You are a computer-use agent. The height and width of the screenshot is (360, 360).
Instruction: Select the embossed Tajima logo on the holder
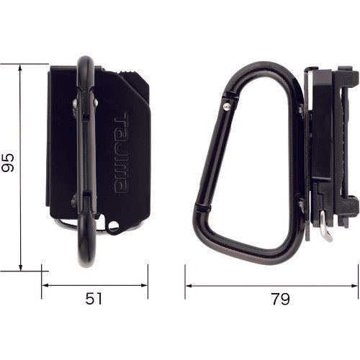pos(121,152)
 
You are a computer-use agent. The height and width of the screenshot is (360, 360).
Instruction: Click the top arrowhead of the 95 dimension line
pos(22,67)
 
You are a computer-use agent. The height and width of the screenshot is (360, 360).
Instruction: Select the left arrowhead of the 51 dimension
pos(45,285)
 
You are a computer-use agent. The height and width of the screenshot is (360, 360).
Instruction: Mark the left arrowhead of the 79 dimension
pos(189,285)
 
